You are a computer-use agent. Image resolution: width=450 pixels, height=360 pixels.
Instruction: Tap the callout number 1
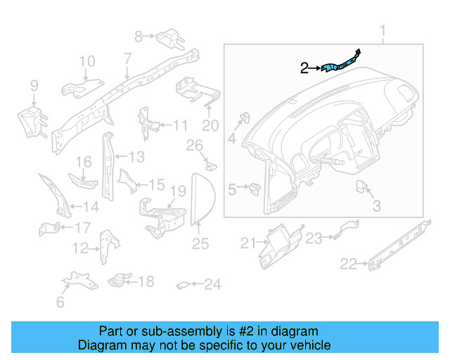pos(384,31)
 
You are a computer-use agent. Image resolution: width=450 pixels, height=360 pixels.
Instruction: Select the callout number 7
pos(127,58)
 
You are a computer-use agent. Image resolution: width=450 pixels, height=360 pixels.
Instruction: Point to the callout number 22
pos(348,264)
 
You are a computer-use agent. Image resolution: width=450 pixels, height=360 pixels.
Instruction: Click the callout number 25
pos(201,245)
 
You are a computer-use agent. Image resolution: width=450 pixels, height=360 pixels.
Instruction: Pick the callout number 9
pos(33,87)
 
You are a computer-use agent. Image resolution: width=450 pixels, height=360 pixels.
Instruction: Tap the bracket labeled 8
pos(169,34)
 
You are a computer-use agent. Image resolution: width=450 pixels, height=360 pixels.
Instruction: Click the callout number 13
pos(136,156)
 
